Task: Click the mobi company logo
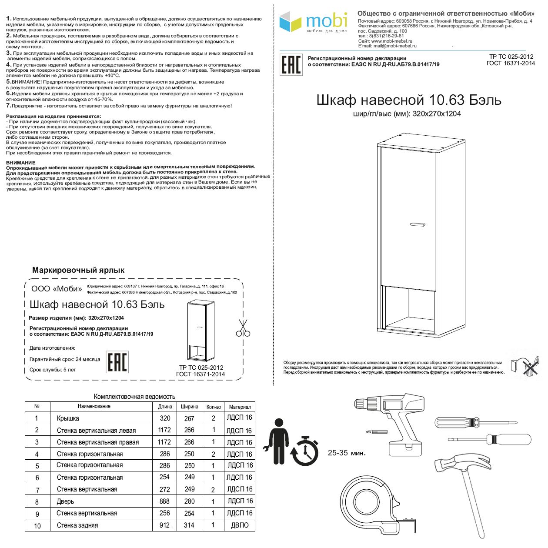tap(313, 23)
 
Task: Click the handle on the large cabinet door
tap(418, 224)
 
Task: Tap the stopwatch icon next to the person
tap(304, 450)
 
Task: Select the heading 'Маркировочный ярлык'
tap(78, 270)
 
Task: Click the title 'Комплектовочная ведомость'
tap(134, 396)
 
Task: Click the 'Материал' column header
tap(240, 407)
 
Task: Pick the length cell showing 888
tap(164, 501)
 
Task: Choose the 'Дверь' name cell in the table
tap(66, 501)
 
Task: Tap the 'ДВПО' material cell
tap(240, 525)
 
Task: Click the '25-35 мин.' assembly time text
tap(347, 453)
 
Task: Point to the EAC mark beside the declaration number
tap(291, 65)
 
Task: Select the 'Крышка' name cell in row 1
tap(68, 418)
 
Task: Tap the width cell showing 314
tap(189, 525)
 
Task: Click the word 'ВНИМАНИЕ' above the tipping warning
tap(21, 163)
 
